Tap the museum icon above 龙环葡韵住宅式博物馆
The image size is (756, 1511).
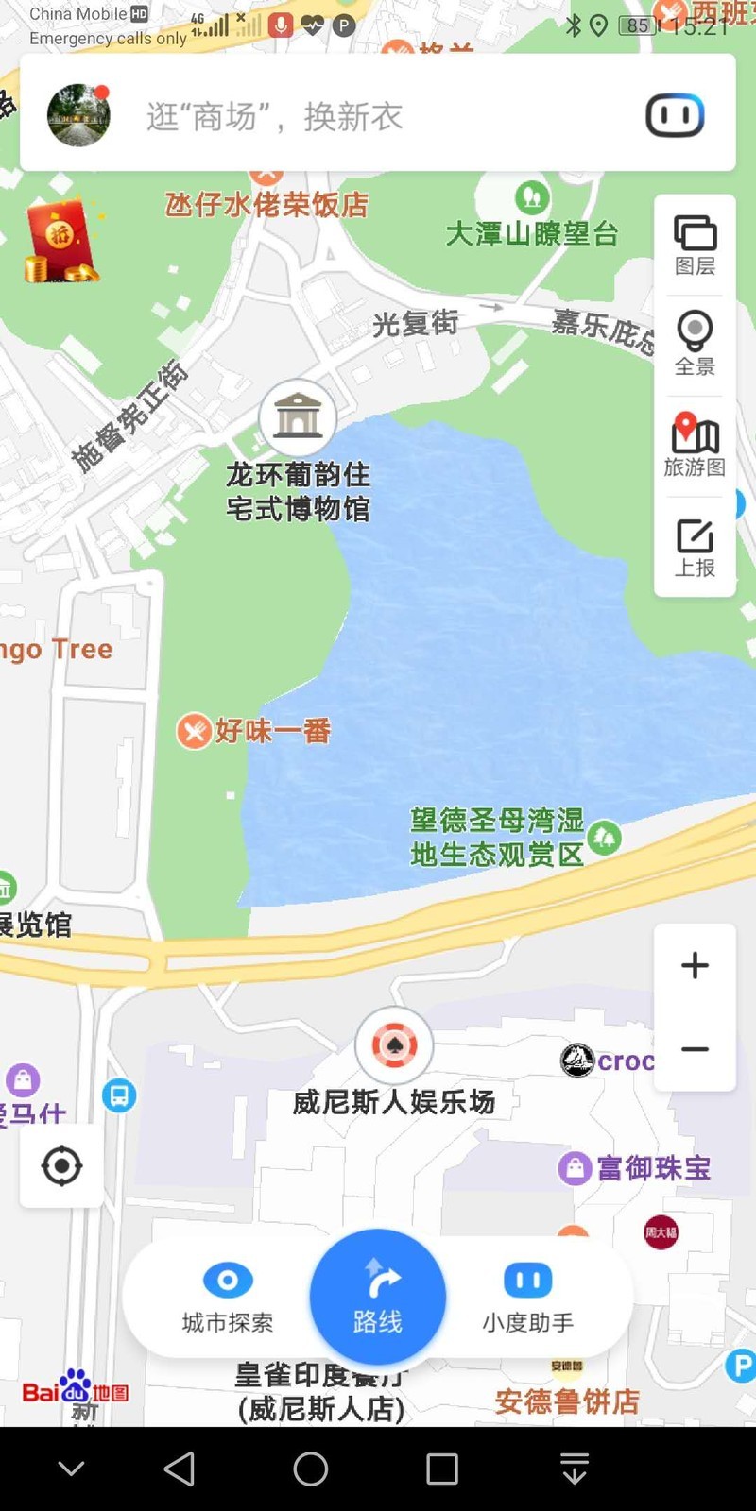pos(298,416)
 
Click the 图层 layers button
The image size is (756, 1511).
pos(695,245)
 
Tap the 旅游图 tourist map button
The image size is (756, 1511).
pos(695,445)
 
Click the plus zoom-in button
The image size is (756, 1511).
pos(695,965)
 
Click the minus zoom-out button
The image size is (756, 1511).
pos(695,1049)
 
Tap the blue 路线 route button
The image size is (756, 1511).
pos(378,1297)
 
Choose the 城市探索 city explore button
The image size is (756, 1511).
pos(228,1297)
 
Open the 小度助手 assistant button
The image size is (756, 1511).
pos(527,1297)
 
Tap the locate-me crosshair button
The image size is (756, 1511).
pos(62,1165)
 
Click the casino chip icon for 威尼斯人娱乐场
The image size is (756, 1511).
pos(394,1045)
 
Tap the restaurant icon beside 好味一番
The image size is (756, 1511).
pos(194,731)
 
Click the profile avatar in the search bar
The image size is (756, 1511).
pos(78,115)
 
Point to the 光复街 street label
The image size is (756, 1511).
pos(415,324)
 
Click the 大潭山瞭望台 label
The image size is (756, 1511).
pos(531,232)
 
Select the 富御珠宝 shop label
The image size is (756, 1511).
pos(653,1168)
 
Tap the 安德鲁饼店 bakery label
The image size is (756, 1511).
pos(567,1401)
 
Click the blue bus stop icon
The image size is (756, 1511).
pos(119,1095)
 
